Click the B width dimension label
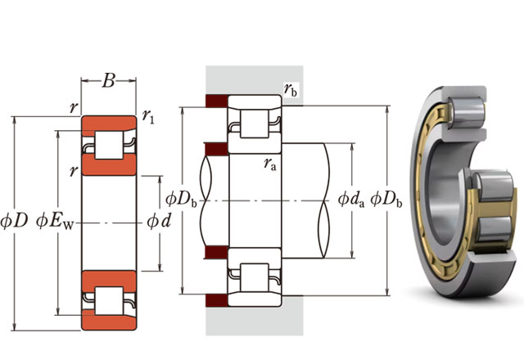(109, 81)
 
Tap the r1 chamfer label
(148, 118)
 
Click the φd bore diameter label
(158, 221)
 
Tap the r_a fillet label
(269, 163)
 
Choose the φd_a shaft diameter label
(350, 199)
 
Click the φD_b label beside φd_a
(385, 199)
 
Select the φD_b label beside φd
(181, 199)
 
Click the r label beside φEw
(73, 171)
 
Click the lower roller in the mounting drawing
(253, 274)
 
